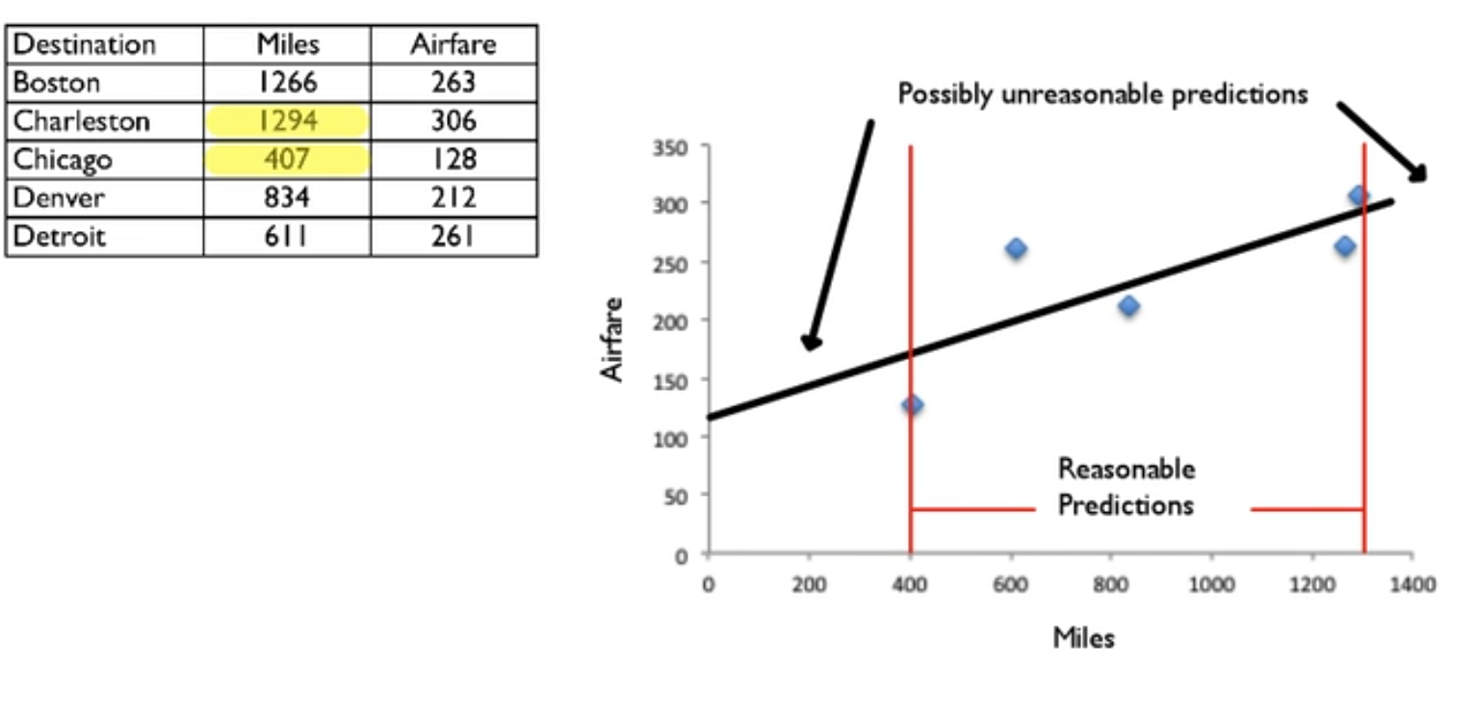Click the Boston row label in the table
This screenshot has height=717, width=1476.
pyautogui.click(x=57, y=83)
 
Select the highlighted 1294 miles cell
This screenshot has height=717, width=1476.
pyautogui.click(x=288, y=121)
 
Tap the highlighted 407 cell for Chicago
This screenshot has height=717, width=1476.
pyautogui.click(x=288, y=159)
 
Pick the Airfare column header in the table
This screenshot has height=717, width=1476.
pyautogui.click(x=453, y=44)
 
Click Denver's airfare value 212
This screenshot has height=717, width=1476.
pyautogui.click(x=453, y=197)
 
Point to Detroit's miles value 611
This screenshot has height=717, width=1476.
pyautogui.click(x=288, y=236)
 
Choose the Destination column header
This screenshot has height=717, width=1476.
pyautogui.click(x=85, y=44)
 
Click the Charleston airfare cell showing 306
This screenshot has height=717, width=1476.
pyautogui.click(x=453, y=121)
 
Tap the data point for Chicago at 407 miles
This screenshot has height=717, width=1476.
pyautogui.click(x=913, y=405)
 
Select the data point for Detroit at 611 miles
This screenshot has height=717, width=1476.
pyautogui.click(x=1016, y=249)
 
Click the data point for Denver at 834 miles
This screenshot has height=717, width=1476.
pyautogui.click(x=1128, y=306)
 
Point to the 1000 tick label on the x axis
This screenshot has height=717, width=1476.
pyautogui.click(x=1211, y=584)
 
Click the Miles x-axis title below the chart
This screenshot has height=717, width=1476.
pyautogui.click(x=1083, y=637)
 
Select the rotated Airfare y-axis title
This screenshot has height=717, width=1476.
pyautogui.click(x=613, y=339)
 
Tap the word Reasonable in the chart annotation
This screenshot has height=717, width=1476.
pyautogui.click(x=1126, y=470)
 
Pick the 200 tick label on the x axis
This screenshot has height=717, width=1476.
pyautogui.click(x=809, y=584)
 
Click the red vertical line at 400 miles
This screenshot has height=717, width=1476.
pyautogui.click(x=910, y=289)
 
